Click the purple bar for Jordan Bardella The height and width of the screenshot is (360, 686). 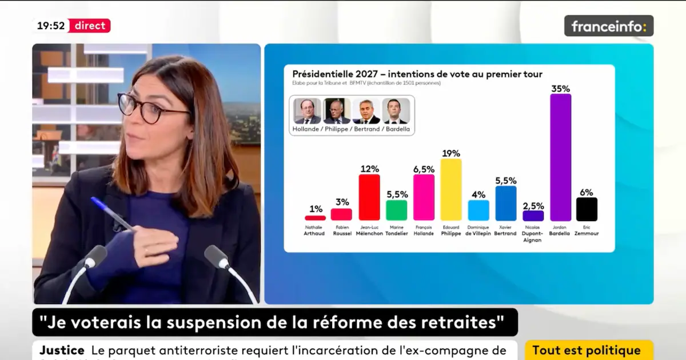[560, 157]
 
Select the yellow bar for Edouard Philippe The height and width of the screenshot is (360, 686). [451, 190]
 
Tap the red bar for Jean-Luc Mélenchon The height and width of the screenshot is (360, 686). [369, 197]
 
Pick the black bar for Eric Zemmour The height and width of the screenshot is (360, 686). [587, 209]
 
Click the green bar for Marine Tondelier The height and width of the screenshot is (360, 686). [397, 210]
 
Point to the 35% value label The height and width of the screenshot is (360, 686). [560, 89]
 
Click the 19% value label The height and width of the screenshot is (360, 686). [451, 153]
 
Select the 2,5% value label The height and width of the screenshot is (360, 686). [533, 205]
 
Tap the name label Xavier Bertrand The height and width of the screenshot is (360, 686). [505, 230]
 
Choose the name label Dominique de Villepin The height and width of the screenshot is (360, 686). [478, 230]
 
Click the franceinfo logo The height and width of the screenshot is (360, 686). [608, 26]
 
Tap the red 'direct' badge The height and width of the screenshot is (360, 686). [89, 26]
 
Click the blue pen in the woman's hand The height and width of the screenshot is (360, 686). [111, 214]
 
